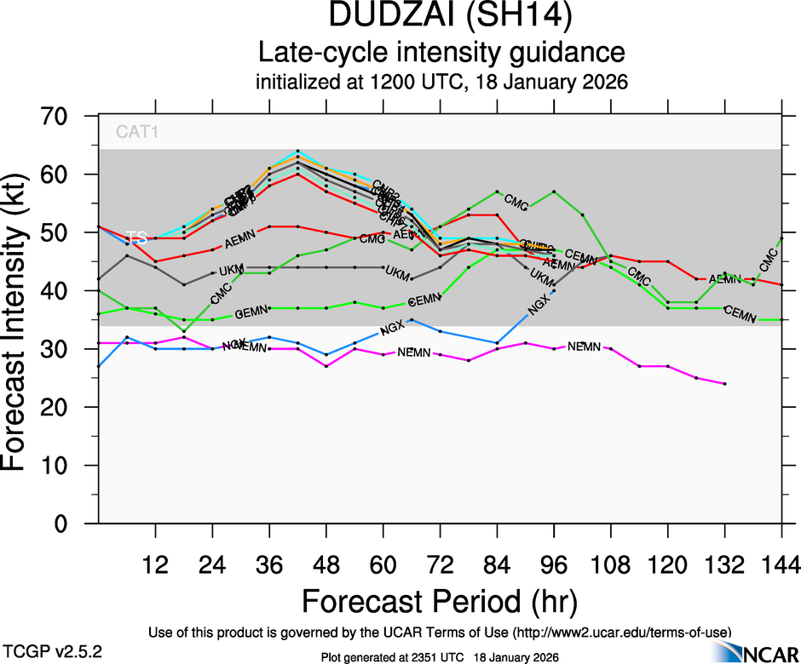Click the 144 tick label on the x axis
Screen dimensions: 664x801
click(781, 564)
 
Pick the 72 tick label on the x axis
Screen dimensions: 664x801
click(440, 564)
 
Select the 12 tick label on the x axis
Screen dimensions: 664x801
click(155, 564)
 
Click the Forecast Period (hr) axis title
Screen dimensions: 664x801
click(440, 601)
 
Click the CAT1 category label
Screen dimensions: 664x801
click(137, 132)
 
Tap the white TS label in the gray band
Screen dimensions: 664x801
click(136, 238)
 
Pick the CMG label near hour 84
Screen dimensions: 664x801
click(516, 201)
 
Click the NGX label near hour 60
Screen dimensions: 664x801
click(391, 328)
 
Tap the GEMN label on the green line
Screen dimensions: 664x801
click(251, 313)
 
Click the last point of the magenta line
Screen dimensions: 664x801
click(724, 384)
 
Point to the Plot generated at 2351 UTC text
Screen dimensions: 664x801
click(439, 657)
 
